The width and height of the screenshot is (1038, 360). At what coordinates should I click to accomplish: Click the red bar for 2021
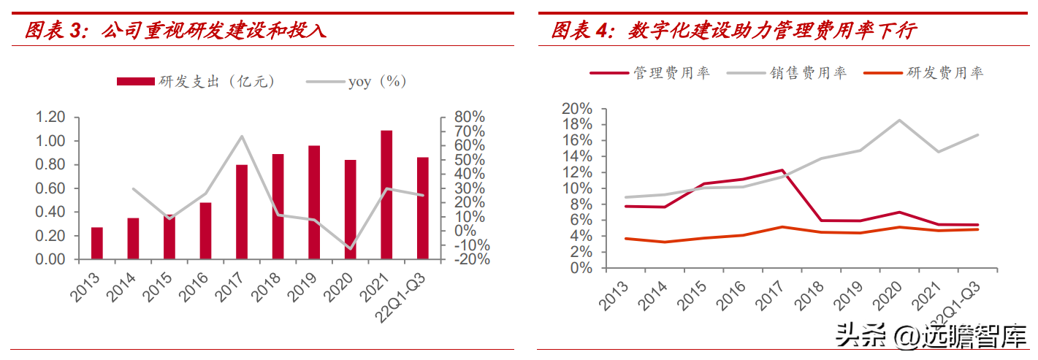coord(386,194)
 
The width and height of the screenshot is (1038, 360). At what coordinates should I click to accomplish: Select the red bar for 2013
coord(97,243)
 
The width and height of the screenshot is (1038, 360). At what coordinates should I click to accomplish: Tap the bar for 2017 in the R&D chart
coord(242,212)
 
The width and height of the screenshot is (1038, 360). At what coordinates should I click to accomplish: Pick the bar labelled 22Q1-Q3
coord(423,208)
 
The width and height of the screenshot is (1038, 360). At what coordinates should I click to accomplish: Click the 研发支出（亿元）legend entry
coord(196,82)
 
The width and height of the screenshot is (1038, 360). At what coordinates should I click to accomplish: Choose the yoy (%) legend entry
coord(356,82)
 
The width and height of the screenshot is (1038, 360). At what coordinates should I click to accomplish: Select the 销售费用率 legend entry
coord(787,73)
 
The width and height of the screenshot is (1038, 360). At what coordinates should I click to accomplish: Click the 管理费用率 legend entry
coord(649,73)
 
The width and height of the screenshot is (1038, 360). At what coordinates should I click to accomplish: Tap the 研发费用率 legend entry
coord(923,73)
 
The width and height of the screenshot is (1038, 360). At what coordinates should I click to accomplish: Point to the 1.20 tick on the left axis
coord(50,117)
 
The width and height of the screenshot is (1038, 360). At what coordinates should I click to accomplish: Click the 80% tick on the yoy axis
coord(470,117)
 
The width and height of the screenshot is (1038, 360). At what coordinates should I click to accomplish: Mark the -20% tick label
coord(472,259)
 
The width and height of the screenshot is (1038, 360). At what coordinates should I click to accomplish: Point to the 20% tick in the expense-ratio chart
coord(577,109)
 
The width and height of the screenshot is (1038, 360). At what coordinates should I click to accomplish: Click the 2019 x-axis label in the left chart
coord(302,287)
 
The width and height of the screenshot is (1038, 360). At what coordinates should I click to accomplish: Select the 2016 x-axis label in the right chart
coord(730,296)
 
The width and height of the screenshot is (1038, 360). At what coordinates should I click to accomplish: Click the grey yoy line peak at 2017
coord(242,137)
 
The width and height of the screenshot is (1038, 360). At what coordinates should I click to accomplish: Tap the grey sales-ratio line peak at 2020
coord(899,120)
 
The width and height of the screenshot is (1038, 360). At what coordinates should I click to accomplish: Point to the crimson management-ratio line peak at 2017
coord(782,170)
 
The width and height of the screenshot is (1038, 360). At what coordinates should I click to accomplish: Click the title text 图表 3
coord(56,31)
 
